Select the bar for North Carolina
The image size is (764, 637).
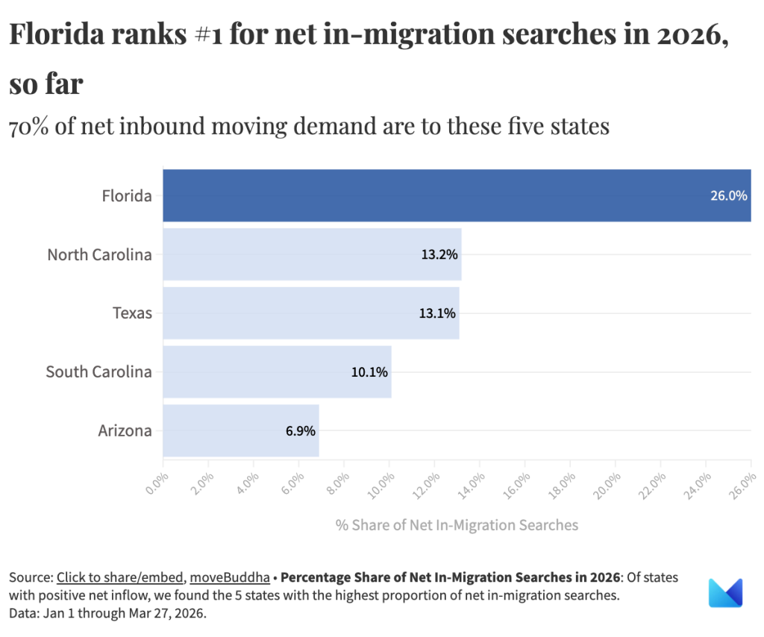pos(298,254)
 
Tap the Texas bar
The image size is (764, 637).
pos(298,313)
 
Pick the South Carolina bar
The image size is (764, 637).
pos(261,371)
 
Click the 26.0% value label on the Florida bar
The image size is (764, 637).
pos(728,196)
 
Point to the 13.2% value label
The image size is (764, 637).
pos(439,254)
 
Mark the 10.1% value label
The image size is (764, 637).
pos(369,371)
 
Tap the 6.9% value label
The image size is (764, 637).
pos(300,430)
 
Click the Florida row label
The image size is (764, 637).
pos(127,196)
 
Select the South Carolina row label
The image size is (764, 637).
pos(98,371)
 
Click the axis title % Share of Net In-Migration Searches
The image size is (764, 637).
pos(457,525)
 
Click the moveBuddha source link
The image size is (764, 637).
pos(229,577)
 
